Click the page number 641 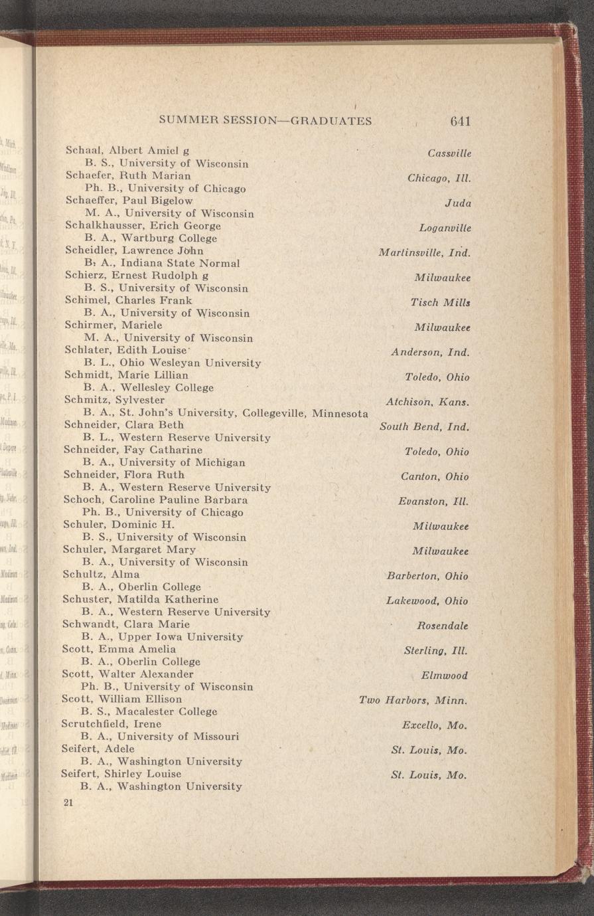pos(459,121)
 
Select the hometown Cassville pos(449,153)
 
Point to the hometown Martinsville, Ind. pos(424,252)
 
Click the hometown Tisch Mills pos(441,302)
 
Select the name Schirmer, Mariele pos(113,325)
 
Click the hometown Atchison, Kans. pos(427,402)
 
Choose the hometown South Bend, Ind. pos(424,426)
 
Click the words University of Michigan pos(182,462)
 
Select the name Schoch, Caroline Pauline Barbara pos(155,500)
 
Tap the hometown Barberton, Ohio pos(427,576)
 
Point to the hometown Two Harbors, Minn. pos(413,700)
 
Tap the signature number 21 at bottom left pos(67,802)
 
